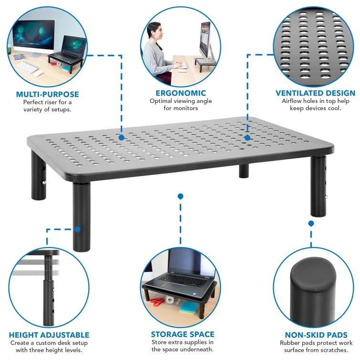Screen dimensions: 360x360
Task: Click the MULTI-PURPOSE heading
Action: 47,94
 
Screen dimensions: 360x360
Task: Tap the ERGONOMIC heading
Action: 181,93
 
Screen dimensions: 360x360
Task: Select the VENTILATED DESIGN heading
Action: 315,93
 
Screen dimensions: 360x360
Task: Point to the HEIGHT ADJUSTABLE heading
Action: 49,335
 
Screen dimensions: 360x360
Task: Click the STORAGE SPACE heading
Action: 183,334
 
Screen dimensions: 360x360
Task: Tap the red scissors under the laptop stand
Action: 156,301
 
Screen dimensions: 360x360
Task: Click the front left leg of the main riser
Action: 81,215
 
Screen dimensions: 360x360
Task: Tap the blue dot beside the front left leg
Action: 78,229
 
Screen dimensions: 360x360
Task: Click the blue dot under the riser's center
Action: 180,196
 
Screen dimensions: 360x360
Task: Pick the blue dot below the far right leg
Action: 311,223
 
